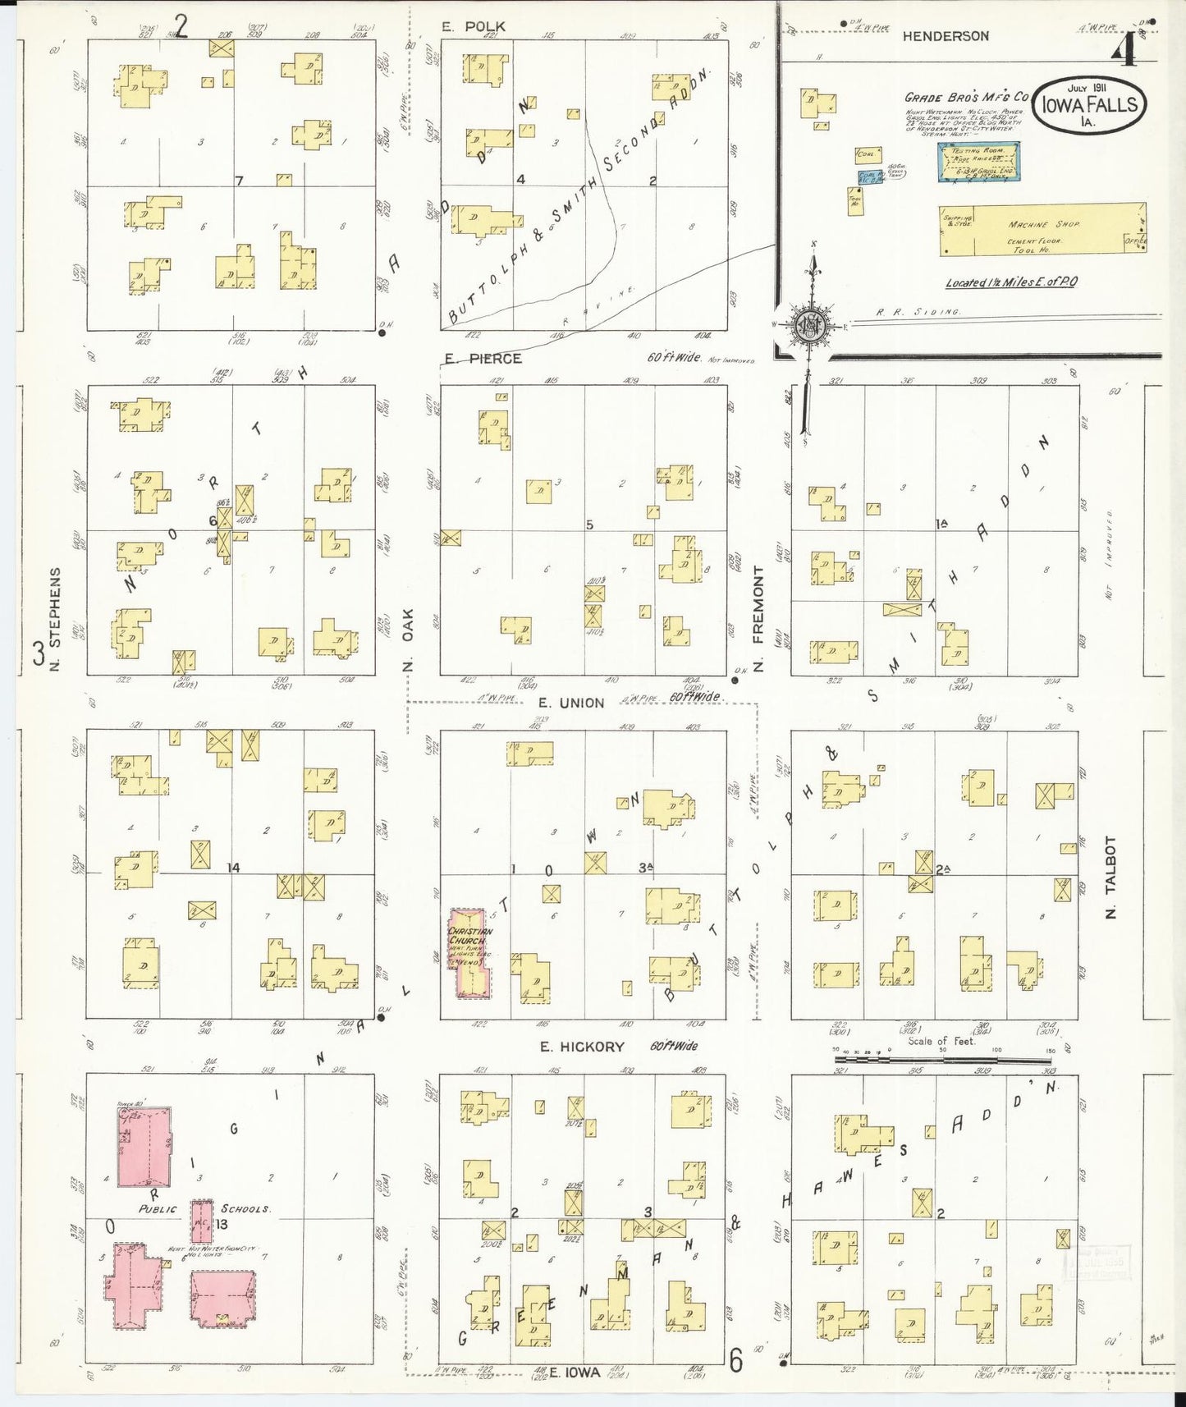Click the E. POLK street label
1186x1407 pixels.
(474, 26)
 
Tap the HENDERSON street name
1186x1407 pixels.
(946, 36)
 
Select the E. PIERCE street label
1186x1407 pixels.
(483, 359)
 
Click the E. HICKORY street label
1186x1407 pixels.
(581, 1047)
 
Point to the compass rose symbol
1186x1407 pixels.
(810, 323)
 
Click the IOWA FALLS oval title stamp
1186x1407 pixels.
(1089, 106)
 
